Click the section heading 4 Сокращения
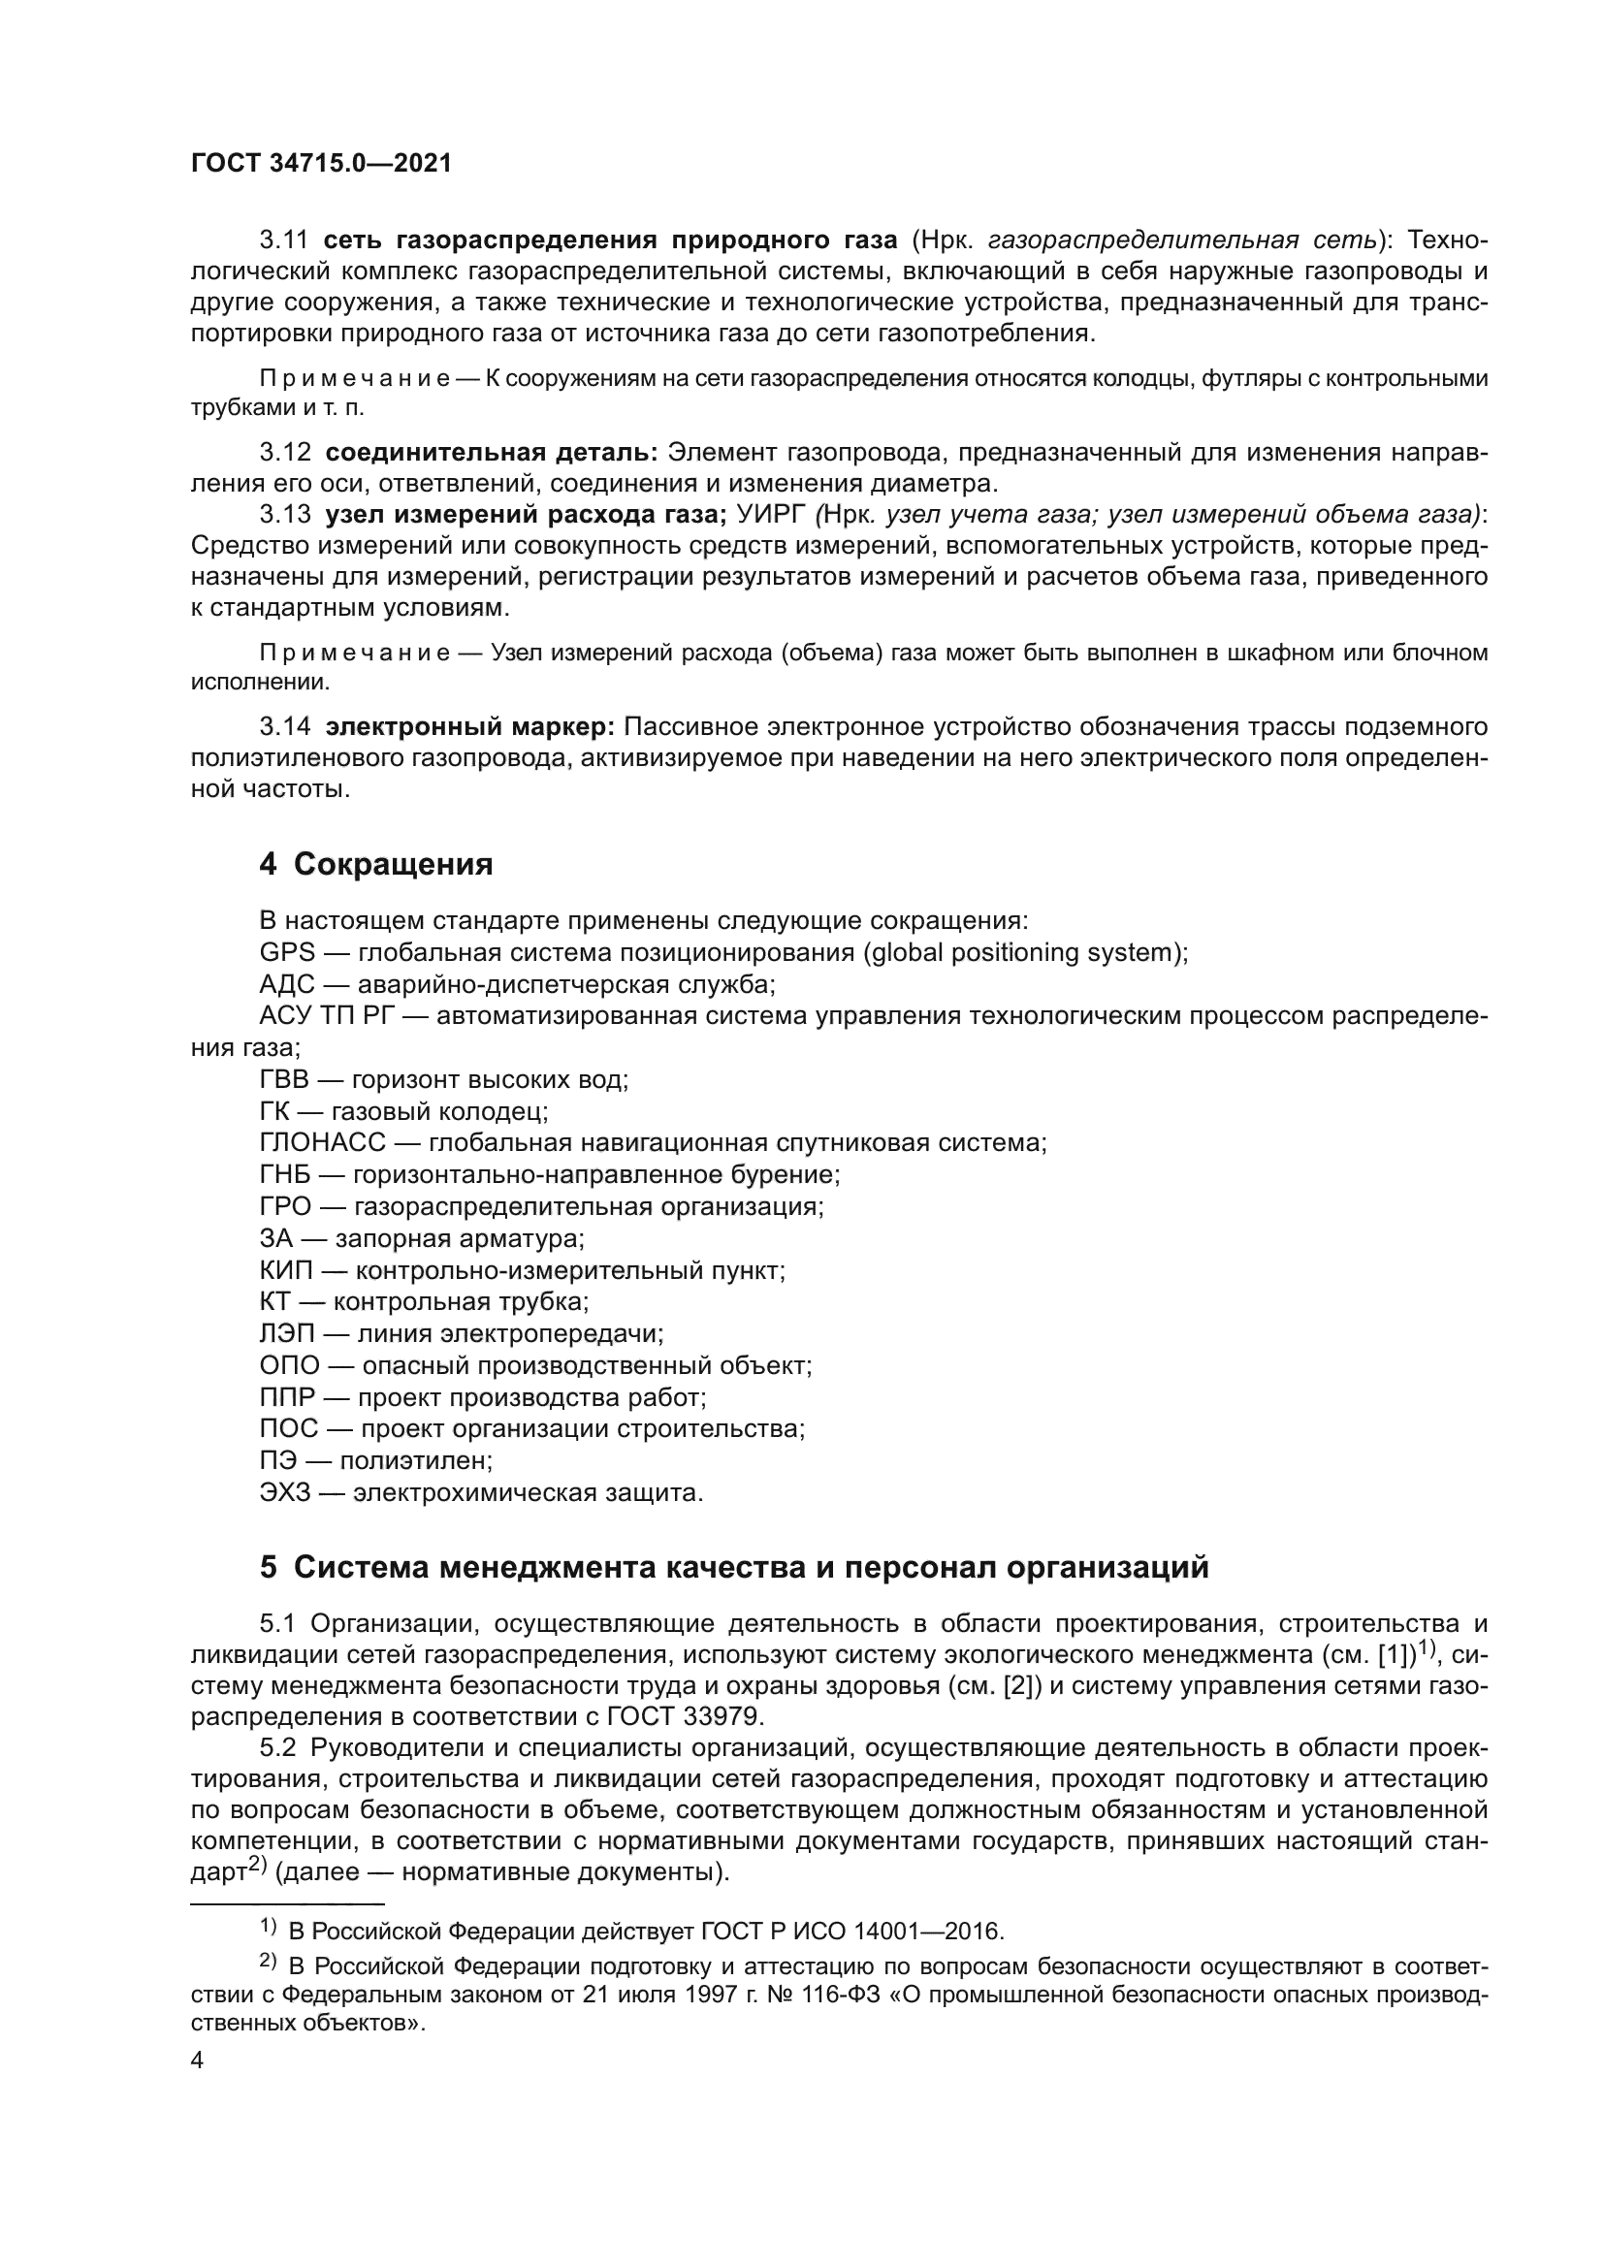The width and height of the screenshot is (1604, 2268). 375,864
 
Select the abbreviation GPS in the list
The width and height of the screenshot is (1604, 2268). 286,952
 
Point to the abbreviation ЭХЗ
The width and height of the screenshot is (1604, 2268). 284,1491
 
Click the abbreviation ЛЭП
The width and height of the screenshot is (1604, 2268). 284,1333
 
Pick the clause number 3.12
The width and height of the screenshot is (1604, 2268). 284,453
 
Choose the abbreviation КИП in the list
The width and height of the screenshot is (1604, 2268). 284,1270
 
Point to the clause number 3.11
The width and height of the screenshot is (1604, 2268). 284,240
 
